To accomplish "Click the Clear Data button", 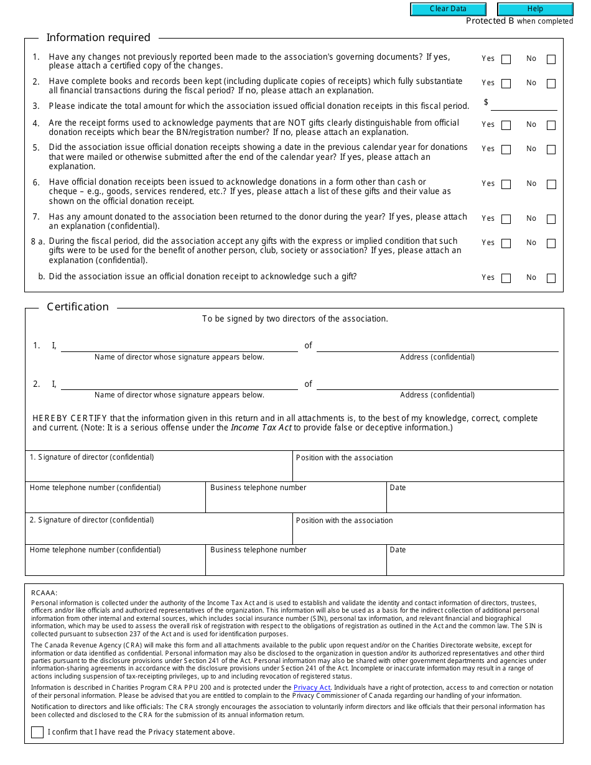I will coord(448,9).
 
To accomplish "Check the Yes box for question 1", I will coord(506,60).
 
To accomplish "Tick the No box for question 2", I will coord(551,84).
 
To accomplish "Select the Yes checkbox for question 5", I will coord(506,150).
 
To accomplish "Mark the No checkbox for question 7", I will coord(551,220).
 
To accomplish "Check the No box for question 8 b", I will coord(551,279).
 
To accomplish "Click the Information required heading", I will coord(98,38).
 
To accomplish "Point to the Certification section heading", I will coord(78,307).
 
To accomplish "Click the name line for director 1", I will coord(179,346).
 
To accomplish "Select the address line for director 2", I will coord(437,384).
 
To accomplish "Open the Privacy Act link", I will coord(312,687).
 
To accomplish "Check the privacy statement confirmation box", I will coord(37,732).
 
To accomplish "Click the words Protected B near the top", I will coord(490,21).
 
